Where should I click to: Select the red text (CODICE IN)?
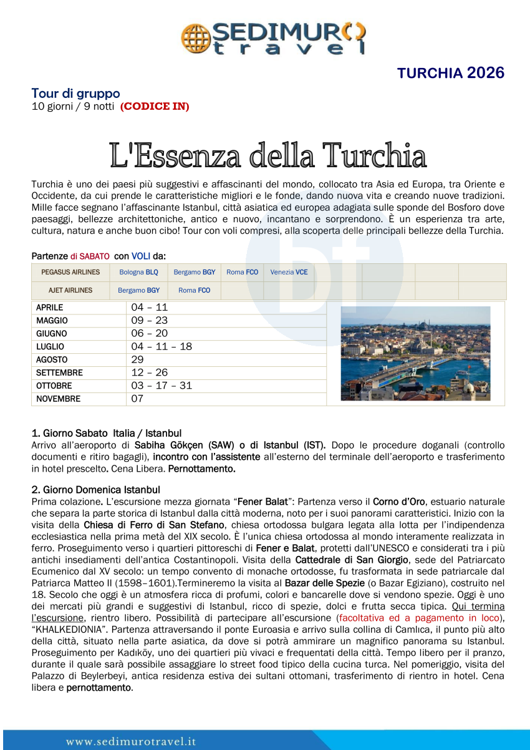[155, 106]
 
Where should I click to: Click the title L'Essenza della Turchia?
[267, 155]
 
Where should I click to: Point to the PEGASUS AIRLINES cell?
[70, 272]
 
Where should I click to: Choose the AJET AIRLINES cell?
[70, 290]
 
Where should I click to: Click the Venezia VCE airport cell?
[289, 272]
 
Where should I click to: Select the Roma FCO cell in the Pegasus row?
[242, 272]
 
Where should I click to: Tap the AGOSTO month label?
[52, 360]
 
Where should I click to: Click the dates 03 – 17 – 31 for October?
[161, 386]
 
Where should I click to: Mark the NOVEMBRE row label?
[58, 399]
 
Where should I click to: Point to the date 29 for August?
[137, 359]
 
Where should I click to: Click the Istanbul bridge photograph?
[415, 353]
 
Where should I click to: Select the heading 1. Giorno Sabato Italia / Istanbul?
[107, 432]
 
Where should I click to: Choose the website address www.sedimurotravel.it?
[131, 742]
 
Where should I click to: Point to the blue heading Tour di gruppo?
[75, 94]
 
